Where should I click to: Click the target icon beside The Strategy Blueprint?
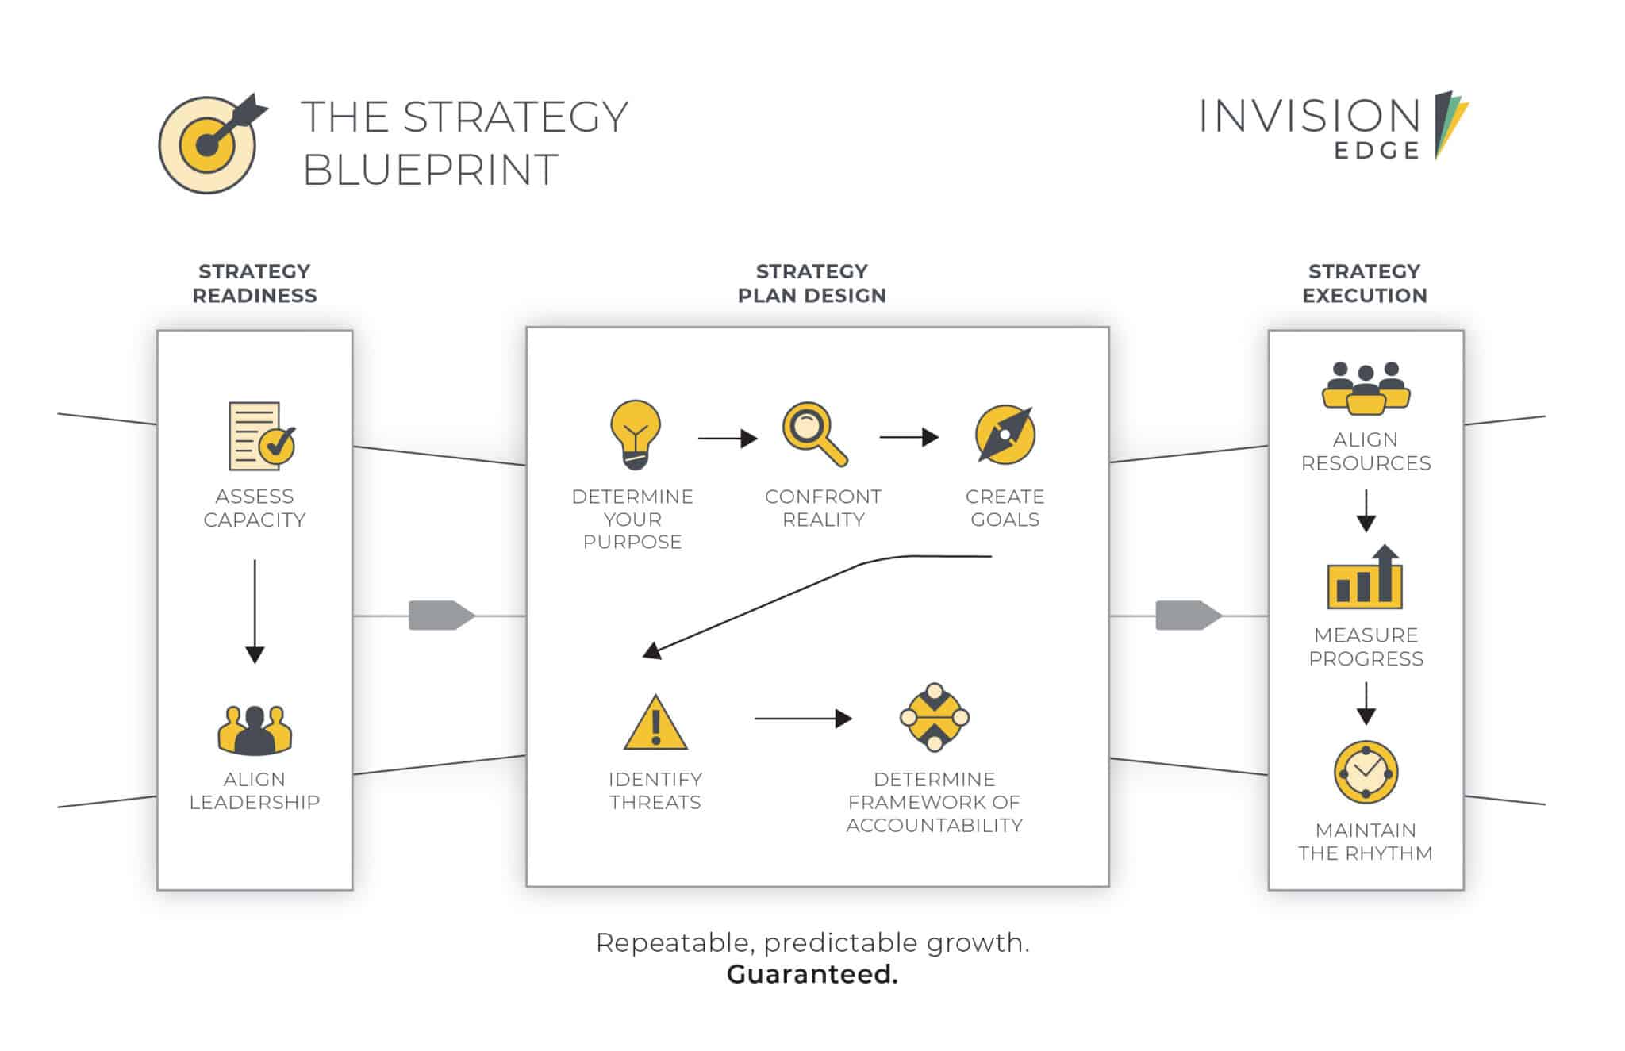208,144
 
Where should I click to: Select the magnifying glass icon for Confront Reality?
814,434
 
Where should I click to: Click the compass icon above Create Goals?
1005,435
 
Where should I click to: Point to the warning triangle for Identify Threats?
655,723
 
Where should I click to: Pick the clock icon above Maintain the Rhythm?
1366,772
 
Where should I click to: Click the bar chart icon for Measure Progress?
1365,577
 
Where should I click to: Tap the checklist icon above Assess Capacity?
262,436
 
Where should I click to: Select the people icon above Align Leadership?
255,730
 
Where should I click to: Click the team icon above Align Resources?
1366,388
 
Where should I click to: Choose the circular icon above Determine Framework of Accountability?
935,717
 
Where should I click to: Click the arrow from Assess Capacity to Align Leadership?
255,611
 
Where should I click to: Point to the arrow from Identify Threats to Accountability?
803,719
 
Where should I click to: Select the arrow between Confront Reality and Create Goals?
909,437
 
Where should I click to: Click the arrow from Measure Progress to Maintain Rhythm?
1366,704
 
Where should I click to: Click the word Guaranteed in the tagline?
812,974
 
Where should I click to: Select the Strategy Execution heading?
1365,283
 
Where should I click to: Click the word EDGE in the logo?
1377,151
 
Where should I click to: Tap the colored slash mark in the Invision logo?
1450,125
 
